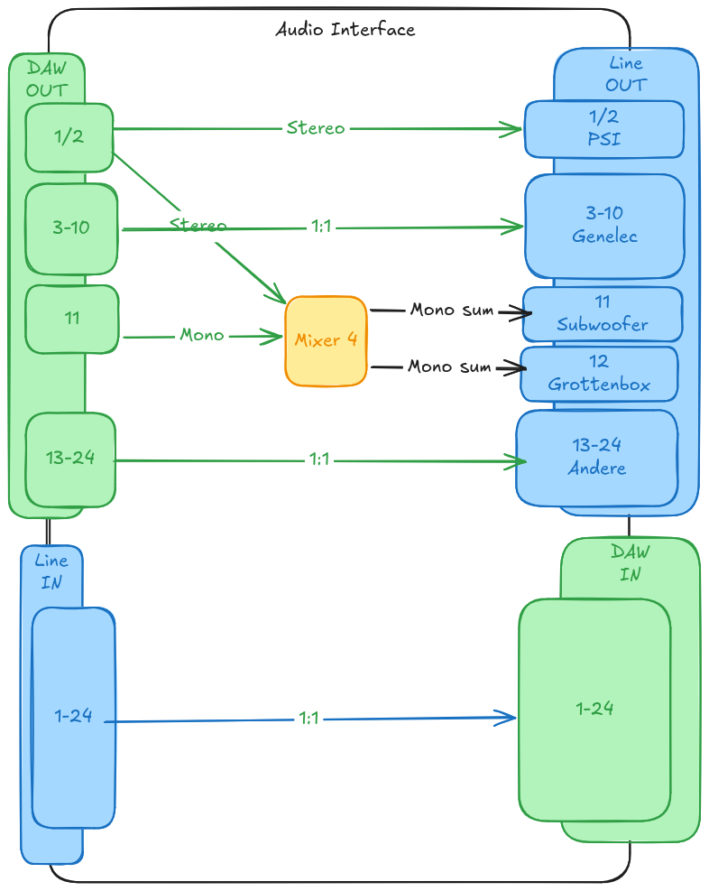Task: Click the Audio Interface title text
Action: click(x=345, y=30)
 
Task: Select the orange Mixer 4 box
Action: click(x=326, y=341)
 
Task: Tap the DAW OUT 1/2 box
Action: click(x=69, y=137)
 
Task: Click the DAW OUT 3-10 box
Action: click(x=71, y=228)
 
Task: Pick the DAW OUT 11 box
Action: click(x=72, y=319)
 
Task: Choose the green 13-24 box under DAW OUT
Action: click(x=70, y=459)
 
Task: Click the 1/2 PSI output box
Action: click(x=604, y=129)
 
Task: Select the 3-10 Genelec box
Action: click(x=604, y=226)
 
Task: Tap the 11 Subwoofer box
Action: click(x=603, y=314)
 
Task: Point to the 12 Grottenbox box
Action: click(x=600, y=374)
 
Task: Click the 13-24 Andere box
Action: click(x=596, y=458)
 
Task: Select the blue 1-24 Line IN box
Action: click(x=73, y=717)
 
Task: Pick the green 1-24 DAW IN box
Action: click(x=594, y=710)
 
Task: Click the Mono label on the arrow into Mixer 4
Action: click(x=202, y=335)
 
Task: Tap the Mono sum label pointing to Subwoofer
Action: click(x=452, y=311)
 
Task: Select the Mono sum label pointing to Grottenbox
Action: click(x=449, y=367)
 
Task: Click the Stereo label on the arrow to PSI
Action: click(x=316, y=128)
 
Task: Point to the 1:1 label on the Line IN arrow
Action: click(x=308, y=719)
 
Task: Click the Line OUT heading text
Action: click(x=626, y=74)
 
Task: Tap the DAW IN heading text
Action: click(x=631, y=563)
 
